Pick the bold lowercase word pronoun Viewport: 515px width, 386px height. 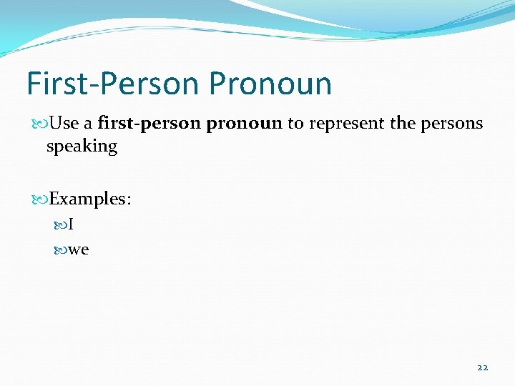(244, 124)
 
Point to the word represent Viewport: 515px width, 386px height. (345, 124)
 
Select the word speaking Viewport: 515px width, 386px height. (82, 147)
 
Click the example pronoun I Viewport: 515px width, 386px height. (72, 225)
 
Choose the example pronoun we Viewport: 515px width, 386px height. (79, 249)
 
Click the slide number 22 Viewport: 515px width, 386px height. (482, 367)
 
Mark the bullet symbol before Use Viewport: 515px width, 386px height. (39, 124)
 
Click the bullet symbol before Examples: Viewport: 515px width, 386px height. (39, 199)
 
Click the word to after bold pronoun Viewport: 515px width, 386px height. (295, 124)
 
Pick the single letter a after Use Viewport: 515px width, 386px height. (88, 124)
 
